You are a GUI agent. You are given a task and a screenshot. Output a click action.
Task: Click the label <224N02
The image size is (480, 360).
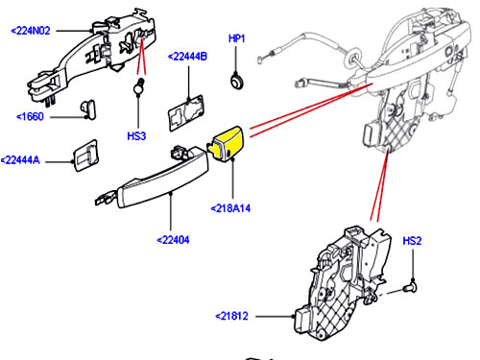31,31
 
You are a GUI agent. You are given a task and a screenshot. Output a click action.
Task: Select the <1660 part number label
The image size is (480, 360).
30,116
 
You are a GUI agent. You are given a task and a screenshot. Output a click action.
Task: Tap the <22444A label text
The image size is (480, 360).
20,160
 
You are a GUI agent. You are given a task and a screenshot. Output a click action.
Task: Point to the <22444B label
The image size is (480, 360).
187,57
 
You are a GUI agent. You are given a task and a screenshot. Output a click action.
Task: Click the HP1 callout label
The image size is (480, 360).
237,38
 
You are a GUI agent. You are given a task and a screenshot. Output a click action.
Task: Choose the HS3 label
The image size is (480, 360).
136,136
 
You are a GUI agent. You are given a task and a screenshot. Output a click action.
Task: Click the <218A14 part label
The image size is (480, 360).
230,208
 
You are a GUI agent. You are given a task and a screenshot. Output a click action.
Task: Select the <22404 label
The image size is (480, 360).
173,240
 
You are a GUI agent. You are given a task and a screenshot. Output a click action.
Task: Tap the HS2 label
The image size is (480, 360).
412,241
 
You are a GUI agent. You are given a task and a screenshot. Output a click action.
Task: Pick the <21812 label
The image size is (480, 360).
231,316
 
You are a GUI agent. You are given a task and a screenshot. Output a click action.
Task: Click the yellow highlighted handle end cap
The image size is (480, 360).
228,143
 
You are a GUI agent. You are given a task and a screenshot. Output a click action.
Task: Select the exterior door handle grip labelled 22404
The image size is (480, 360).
153,178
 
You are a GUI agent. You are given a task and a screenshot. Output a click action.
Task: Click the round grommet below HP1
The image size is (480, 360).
237,82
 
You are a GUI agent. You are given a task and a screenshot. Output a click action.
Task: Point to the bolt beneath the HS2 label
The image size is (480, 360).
410,287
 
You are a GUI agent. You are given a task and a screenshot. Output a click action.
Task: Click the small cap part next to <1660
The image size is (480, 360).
88,109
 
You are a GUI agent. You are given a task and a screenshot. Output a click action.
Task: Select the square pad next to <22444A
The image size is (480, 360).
85,156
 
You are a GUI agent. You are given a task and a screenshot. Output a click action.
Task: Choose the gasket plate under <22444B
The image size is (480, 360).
186,113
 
